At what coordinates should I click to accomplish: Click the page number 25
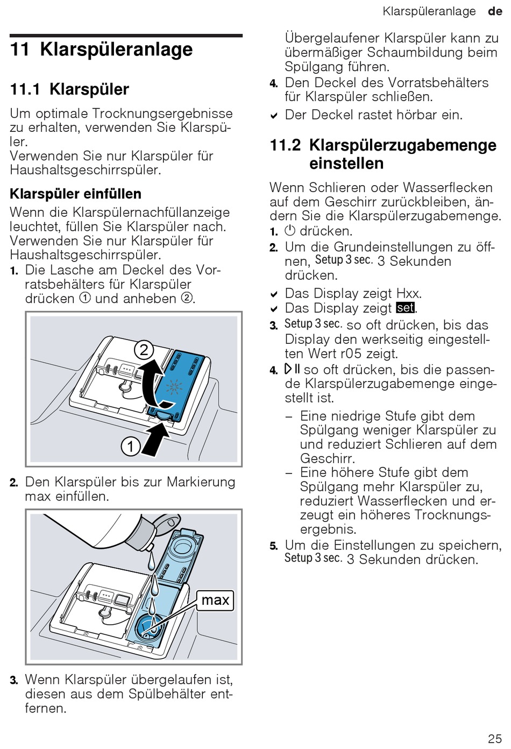(x=495, y=738)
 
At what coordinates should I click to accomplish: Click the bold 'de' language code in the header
(x=495, y=11)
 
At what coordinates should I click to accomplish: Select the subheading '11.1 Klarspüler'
(x=69, y=89)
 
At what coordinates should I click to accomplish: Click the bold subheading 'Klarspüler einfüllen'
(x=76, y=194)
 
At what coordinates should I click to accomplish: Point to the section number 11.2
(x=285, y=145)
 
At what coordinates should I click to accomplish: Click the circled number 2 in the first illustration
(x=144, y=350)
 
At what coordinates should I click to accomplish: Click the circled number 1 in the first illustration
(x=131, y=446)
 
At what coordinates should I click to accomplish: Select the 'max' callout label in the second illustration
(x=215, y=600)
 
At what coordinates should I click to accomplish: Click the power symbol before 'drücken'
(x=290, y=231)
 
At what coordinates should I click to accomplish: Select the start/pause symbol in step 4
(x=293, y=369)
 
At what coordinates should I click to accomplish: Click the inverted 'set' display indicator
(x=405, y=308)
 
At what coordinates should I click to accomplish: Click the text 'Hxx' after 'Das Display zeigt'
(x=408, y=293)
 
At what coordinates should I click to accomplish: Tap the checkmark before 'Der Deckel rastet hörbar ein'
(x=274, y=115)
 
